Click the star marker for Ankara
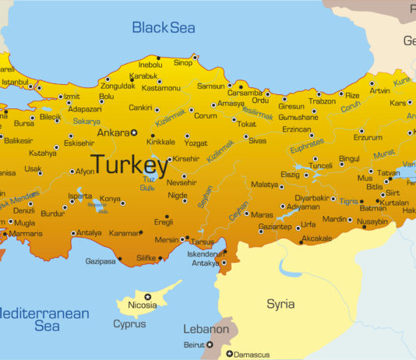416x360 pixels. tap(133, 132)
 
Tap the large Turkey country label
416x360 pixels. tap(129, 164)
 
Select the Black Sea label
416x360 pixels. tap(164, 28)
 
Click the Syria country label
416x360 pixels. tap(280, 303)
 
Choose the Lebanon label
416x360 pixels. tap(206, 329)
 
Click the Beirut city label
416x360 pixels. tap(193, 344)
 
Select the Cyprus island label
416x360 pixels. tap(129, 323)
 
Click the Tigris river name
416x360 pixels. tap(348, 199)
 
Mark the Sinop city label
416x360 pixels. tap(182, 62)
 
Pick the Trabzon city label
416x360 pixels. tap(322, 101)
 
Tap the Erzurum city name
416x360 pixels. tap(368, 137)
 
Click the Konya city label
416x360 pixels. tap(110, 199)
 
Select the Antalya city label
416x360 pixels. tap(90, 232)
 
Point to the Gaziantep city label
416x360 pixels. tap(275, 225)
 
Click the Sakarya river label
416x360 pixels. tap(86, 122)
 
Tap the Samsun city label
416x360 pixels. tap(210, 86)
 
